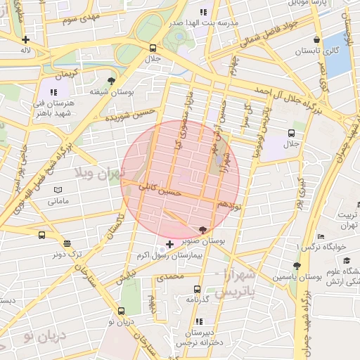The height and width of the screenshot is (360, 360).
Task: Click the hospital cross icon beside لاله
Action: click(26, 40)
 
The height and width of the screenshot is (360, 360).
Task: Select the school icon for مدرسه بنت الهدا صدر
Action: click(205, 12)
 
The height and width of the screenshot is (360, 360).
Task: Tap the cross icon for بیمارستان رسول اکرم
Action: click(169, 243)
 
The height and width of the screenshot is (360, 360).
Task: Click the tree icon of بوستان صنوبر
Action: click(204, 230)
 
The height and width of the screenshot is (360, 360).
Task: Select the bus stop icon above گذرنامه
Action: click(197, 289)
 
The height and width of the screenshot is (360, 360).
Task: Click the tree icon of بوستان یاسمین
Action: click(297, 266)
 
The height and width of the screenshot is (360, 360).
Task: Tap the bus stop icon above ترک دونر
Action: click(42, 236)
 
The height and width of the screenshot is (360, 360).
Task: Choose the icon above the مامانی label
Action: click(58, 190)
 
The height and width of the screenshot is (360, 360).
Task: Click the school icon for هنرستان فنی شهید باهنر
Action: click(54, 92)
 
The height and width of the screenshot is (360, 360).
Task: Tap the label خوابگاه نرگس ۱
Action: click(323, 247)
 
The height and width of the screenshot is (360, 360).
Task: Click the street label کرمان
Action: click(77, 74)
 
